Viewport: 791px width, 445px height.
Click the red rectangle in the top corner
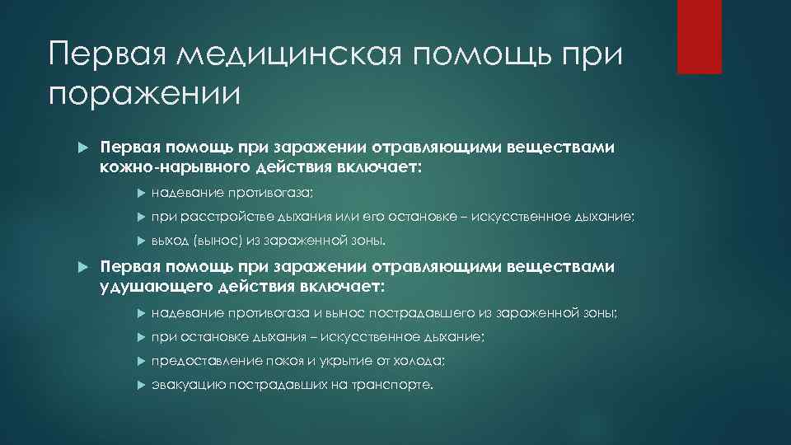click(x=699, y=37)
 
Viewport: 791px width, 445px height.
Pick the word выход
click(x=169, y=241)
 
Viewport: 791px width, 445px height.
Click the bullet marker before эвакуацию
click(x=139, y=385)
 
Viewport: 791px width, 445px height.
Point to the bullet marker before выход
click(x=139, y=241)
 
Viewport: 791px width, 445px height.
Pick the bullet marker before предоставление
click(x=139, y=361)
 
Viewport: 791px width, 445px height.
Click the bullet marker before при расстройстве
click(x=139, y=217)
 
